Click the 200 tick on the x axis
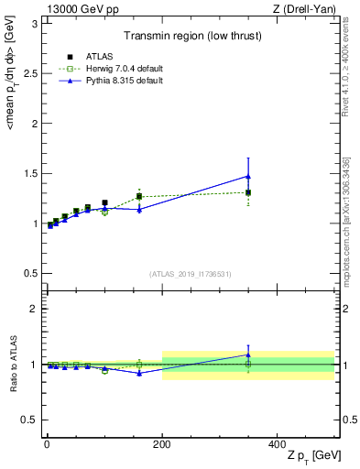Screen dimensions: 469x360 coord(162,444)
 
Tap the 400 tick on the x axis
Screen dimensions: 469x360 coord(278,444)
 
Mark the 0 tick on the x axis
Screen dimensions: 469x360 coord(46,444)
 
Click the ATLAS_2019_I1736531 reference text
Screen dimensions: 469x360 coord(191,274)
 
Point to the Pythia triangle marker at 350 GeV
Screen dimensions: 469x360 coord(248,176)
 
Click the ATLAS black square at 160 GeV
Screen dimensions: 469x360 coord(139,196)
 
